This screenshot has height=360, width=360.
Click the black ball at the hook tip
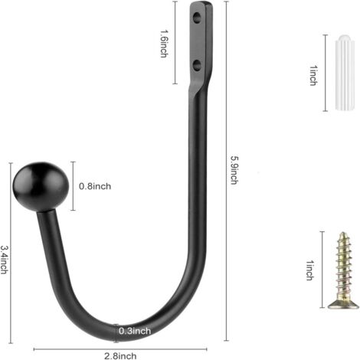pos(41,187)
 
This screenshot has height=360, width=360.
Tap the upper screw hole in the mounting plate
pos(197,18)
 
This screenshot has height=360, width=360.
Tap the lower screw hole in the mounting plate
pos(197,65)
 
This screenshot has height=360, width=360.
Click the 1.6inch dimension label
pos(164,44)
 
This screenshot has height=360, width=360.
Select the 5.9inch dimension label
pos(234,170)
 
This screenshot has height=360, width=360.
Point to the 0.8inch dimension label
pos(95,186)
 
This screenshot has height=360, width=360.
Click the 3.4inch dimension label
pos(4,260)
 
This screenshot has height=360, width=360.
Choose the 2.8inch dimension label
pos(120,355)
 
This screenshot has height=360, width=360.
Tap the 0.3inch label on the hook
pos(135,331)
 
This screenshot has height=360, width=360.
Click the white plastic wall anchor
pos(345,73)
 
